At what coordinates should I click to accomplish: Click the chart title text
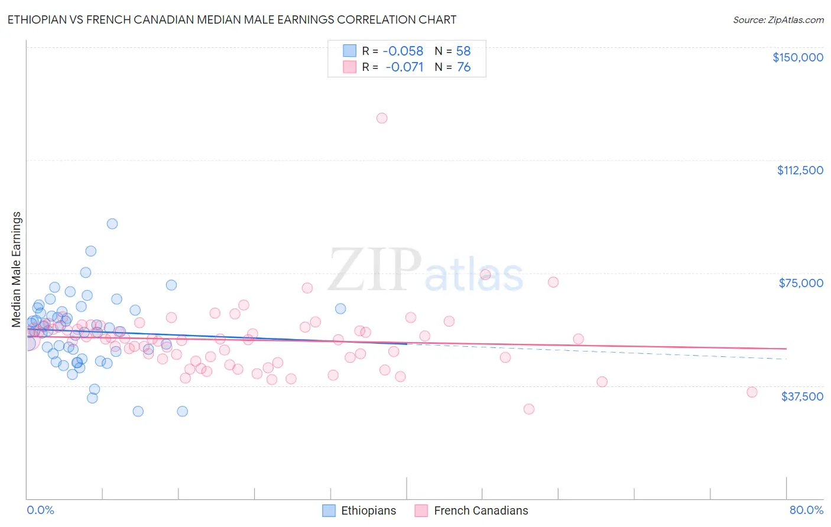[x=232, y=19]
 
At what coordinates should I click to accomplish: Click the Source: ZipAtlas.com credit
[x=778, y=19]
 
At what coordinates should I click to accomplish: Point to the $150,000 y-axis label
[x=797, y=57]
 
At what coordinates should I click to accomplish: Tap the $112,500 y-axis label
[x=800, y=170]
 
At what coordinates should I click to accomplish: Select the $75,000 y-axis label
[x=800, y=283]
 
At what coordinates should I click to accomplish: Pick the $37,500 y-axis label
[x=801, y=396]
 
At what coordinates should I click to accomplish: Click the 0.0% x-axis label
[x=40, y=510]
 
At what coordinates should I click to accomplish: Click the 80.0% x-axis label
[x=806, y=510]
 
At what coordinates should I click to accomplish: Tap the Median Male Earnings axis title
[x=17, y=269]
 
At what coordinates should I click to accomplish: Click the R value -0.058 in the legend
[x=403, y=51]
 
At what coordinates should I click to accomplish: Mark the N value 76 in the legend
[x=463, y=67]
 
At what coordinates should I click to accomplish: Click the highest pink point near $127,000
[x=382, y=118]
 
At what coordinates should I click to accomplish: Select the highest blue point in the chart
[x=112, y=224]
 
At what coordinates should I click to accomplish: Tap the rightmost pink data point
[x=752, y=392]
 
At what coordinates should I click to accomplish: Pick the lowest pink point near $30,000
[x=529, y=409]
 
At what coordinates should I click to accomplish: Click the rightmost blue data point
[x=340, y=308]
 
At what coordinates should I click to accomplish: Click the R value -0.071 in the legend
[x=404, y=67]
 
